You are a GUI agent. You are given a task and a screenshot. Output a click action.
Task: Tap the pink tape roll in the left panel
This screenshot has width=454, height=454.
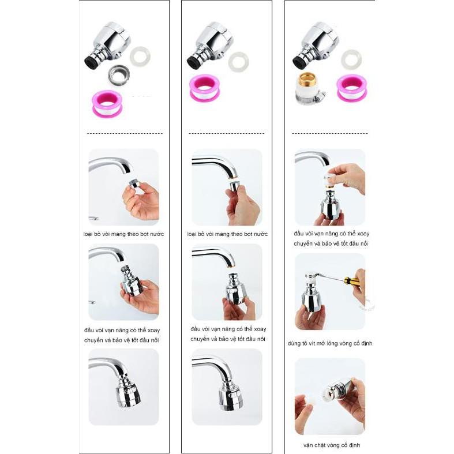pos(107,104)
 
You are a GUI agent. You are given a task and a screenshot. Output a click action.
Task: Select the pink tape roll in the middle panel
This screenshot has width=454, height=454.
pos(205,88)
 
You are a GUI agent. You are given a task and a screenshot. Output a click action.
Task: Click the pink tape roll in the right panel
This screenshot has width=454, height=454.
pos(352,88)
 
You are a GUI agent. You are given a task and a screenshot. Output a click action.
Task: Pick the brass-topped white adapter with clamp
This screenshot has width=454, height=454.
pos(309,89)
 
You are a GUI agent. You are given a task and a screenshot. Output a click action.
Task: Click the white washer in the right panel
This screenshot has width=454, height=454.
pos(351,59)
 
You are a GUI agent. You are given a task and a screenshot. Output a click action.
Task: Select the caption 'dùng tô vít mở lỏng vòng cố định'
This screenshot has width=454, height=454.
pos(330,343)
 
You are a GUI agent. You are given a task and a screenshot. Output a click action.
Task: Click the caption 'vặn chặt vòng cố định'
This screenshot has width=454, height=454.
pos(332,445)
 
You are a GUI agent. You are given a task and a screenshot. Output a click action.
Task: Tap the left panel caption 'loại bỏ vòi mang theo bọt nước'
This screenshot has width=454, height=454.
pos(123,234)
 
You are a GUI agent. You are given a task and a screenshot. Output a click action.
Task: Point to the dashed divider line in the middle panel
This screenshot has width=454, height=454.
pos(227,133)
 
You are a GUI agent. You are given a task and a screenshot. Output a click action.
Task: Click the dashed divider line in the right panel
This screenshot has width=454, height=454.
pos(330,133)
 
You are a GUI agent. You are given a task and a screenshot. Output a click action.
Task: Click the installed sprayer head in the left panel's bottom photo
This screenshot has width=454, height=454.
pos(128,391)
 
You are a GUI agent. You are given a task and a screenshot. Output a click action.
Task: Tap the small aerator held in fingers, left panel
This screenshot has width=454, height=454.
pos(134,184)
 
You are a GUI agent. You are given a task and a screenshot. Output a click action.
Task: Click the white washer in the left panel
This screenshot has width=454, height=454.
pos(140,57)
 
